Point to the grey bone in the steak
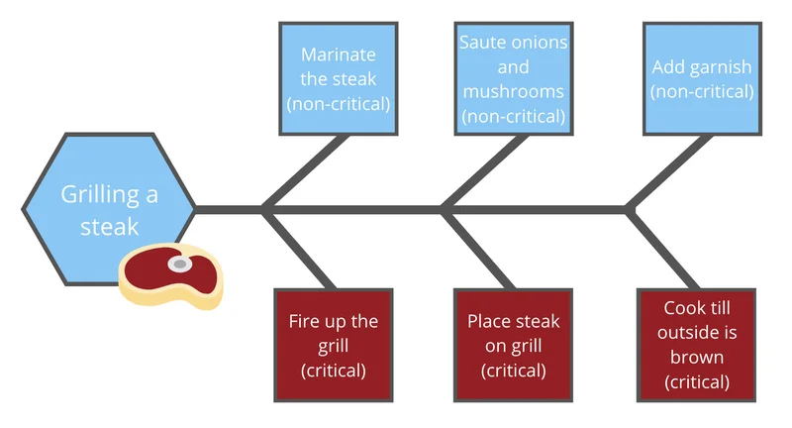pyautogui.click(x=179, y=265)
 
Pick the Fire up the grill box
pyautogui.click(x=334, y=345)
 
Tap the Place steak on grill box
pyautogui.click(x=513, y=345)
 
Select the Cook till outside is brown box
pyautogui.click(x=697, y=345)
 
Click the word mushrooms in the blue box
pyautogui.click(x=513, y=91)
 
